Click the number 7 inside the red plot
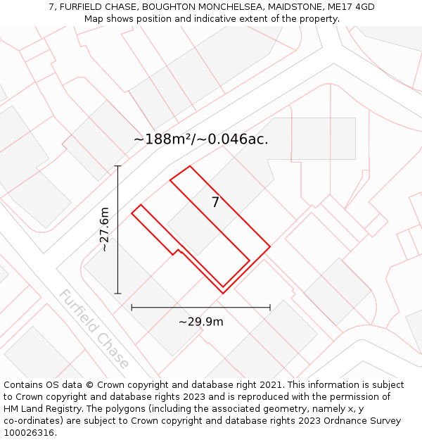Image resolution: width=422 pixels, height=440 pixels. tap(215, 203)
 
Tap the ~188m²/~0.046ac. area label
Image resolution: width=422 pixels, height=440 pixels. tap(201, 139)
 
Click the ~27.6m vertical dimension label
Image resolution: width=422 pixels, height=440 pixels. tap(104, 230)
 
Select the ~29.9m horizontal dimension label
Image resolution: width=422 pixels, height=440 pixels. tap(200, 322)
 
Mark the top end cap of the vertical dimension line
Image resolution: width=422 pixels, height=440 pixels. tap(118, 166)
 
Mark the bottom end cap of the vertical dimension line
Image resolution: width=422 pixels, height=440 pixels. tap(118, 293)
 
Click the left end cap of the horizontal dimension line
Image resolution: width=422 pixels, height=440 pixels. tap(132, 307)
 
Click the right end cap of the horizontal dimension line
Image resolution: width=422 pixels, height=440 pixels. tap(270, 307)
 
